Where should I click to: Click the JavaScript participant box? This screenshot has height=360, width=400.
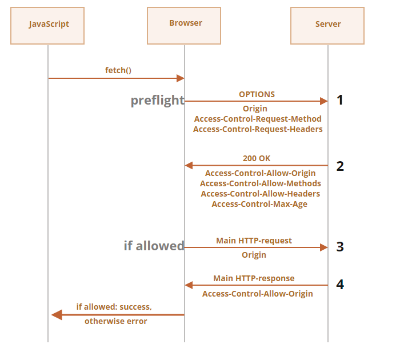click(x=48, y=26)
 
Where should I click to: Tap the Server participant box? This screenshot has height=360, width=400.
click(x=327, y=26)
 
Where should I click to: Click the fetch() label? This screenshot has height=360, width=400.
click(x=118, y=70)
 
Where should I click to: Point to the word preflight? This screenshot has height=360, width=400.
click(x=157, y=101)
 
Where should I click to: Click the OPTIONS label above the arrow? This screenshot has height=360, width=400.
click(x=257, y=94)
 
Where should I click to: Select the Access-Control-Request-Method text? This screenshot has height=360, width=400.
click(x=258, y=119)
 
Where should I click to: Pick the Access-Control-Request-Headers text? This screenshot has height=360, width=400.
click(x=258, y=129)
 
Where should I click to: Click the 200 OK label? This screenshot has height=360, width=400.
click(x=257, y=158)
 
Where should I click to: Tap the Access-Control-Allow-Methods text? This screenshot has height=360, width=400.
click(x=260, y=183)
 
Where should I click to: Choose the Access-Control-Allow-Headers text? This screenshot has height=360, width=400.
click(x=260, y=194)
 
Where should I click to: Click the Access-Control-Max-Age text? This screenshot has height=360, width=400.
click(x=259, y=204)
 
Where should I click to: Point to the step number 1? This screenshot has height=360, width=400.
click(x=340, y=101)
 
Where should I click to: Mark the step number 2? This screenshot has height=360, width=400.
click(x=340, y=166)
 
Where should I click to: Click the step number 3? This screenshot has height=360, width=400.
click(x=340, y=247)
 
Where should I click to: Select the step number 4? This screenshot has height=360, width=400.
click(x=340, y=284)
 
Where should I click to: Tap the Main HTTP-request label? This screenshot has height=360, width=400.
click(x=254, y=241)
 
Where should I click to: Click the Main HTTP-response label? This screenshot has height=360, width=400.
click(x=254, y=278)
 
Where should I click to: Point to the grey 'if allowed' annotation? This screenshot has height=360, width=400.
click(x=154, y=246)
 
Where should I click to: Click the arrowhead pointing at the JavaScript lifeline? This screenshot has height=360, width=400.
click(x=56, y=315)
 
